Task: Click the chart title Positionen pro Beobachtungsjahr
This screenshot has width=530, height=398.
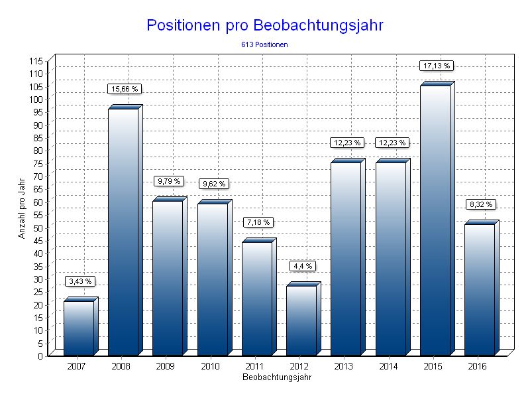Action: pos(264,25)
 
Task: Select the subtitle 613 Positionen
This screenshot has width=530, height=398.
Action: pos(264,44)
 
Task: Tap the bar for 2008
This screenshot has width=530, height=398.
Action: pos(123,232)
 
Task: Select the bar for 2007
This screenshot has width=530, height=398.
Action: pos(79,328)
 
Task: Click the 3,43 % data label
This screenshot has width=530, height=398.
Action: pos(81,281)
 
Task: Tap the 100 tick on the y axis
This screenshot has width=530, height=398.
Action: pos(36,99)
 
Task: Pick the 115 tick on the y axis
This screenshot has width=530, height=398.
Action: pos(36,60)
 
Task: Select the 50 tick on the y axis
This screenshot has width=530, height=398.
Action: pos(38,228)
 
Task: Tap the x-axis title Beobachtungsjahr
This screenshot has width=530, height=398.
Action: pos(276,377)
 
